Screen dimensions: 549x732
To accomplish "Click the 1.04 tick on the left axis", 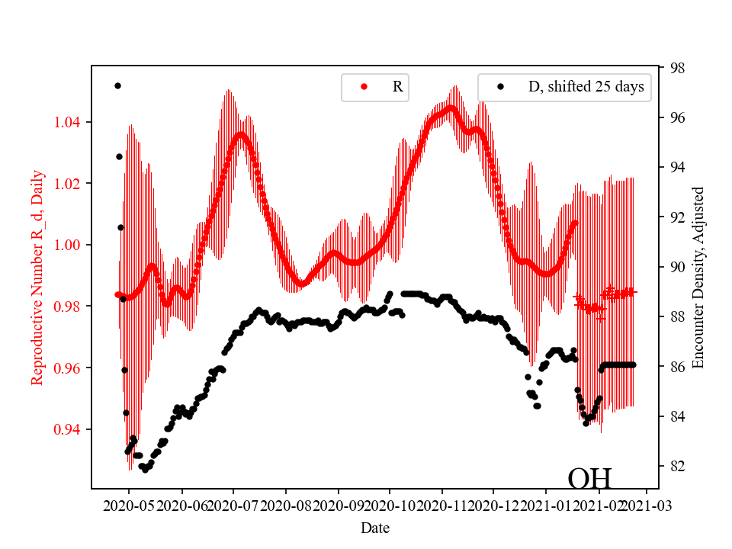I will point(72,122).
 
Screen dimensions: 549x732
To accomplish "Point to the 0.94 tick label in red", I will point(72,429).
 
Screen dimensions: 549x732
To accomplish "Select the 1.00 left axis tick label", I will point(72,245).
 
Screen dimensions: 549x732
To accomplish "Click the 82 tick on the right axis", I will point(677,466).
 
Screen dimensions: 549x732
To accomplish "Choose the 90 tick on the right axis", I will point(677,267).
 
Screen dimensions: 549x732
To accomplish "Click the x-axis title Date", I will point(374,528).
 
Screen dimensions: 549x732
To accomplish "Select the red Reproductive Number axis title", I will point(37,277).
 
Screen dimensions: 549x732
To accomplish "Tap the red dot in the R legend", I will point(364,87).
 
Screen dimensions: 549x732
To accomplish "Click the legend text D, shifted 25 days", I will point(586,87).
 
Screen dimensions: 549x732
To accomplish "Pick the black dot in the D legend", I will point(500,87).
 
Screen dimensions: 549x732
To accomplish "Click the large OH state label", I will point(589,478).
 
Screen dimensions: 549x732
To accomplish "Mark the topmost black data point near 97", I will point(117,85).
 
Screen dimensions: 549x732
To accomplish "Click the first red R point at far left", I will point(117,294).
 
